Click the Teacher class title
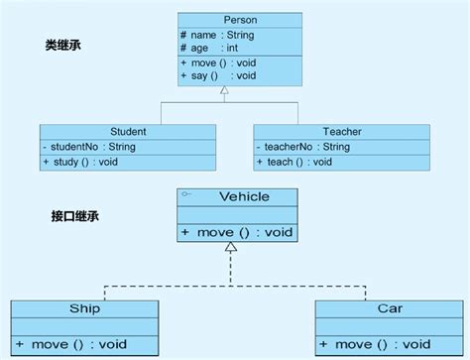tap(342, 130)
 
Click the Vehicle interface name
tap(243, 196)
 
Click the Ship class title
tap(83, 308)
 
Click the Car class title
tap(390, 308)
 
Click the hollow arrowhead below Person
tap(226, 90)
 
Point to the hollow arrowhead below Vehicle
tap(231, 246)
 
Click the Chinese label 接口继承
tap(72, 214)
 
